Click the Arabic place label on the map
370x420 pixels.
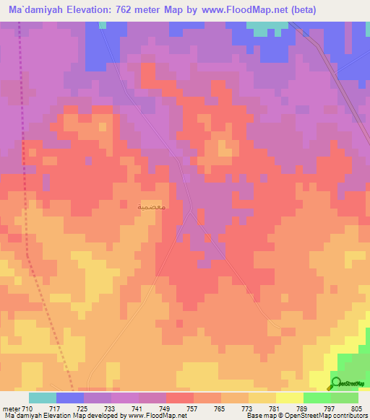tap(152, 206)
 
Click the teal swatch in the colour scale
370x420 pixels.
tap(43, 398)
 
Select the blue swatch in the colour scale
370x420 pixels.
tap(70, 398)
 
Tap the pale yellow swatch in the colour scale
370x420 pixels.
tap(290, 398)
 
